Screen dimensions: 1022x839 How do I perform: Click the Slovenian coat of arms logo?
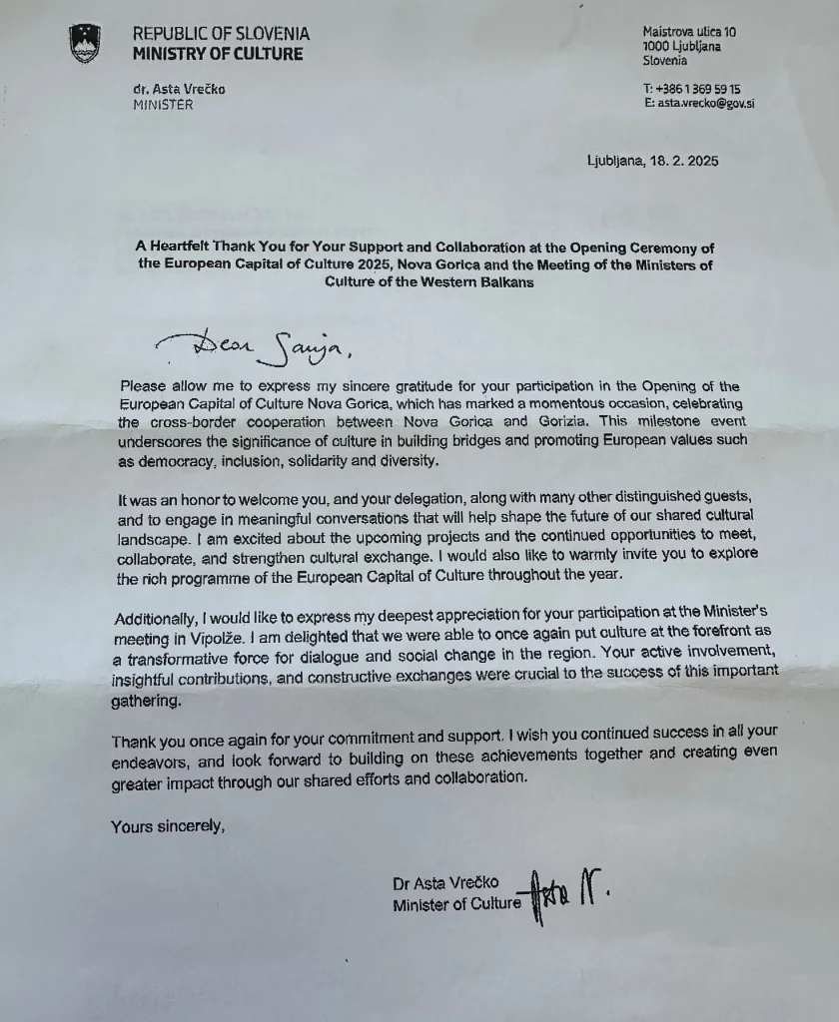click(x=84, y=44)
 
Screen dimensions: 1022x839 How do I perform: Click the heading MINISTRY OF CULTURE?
click(x=218, y=54)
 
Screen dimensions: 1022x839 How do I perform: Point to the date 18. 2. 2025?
click(x=681, y=161)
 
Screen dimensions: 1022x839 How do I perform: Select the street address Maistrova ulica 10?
click(x=690, y=32)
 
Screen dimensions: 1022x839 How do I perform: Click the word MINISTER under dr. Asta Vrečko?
click(x=163, y=104)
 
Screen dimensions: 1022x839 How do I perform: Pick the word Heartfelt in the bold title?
click(x=189, y=248)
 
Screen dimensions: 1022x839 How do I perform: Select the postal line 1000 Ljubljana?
click(x=683, y=46)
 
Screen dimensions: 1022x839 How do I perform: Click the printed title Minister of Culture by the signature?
click(x=456, y=904)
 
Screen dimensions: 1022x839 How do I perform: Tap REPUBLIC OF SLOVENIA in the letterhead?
click(x=221, y=34)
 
